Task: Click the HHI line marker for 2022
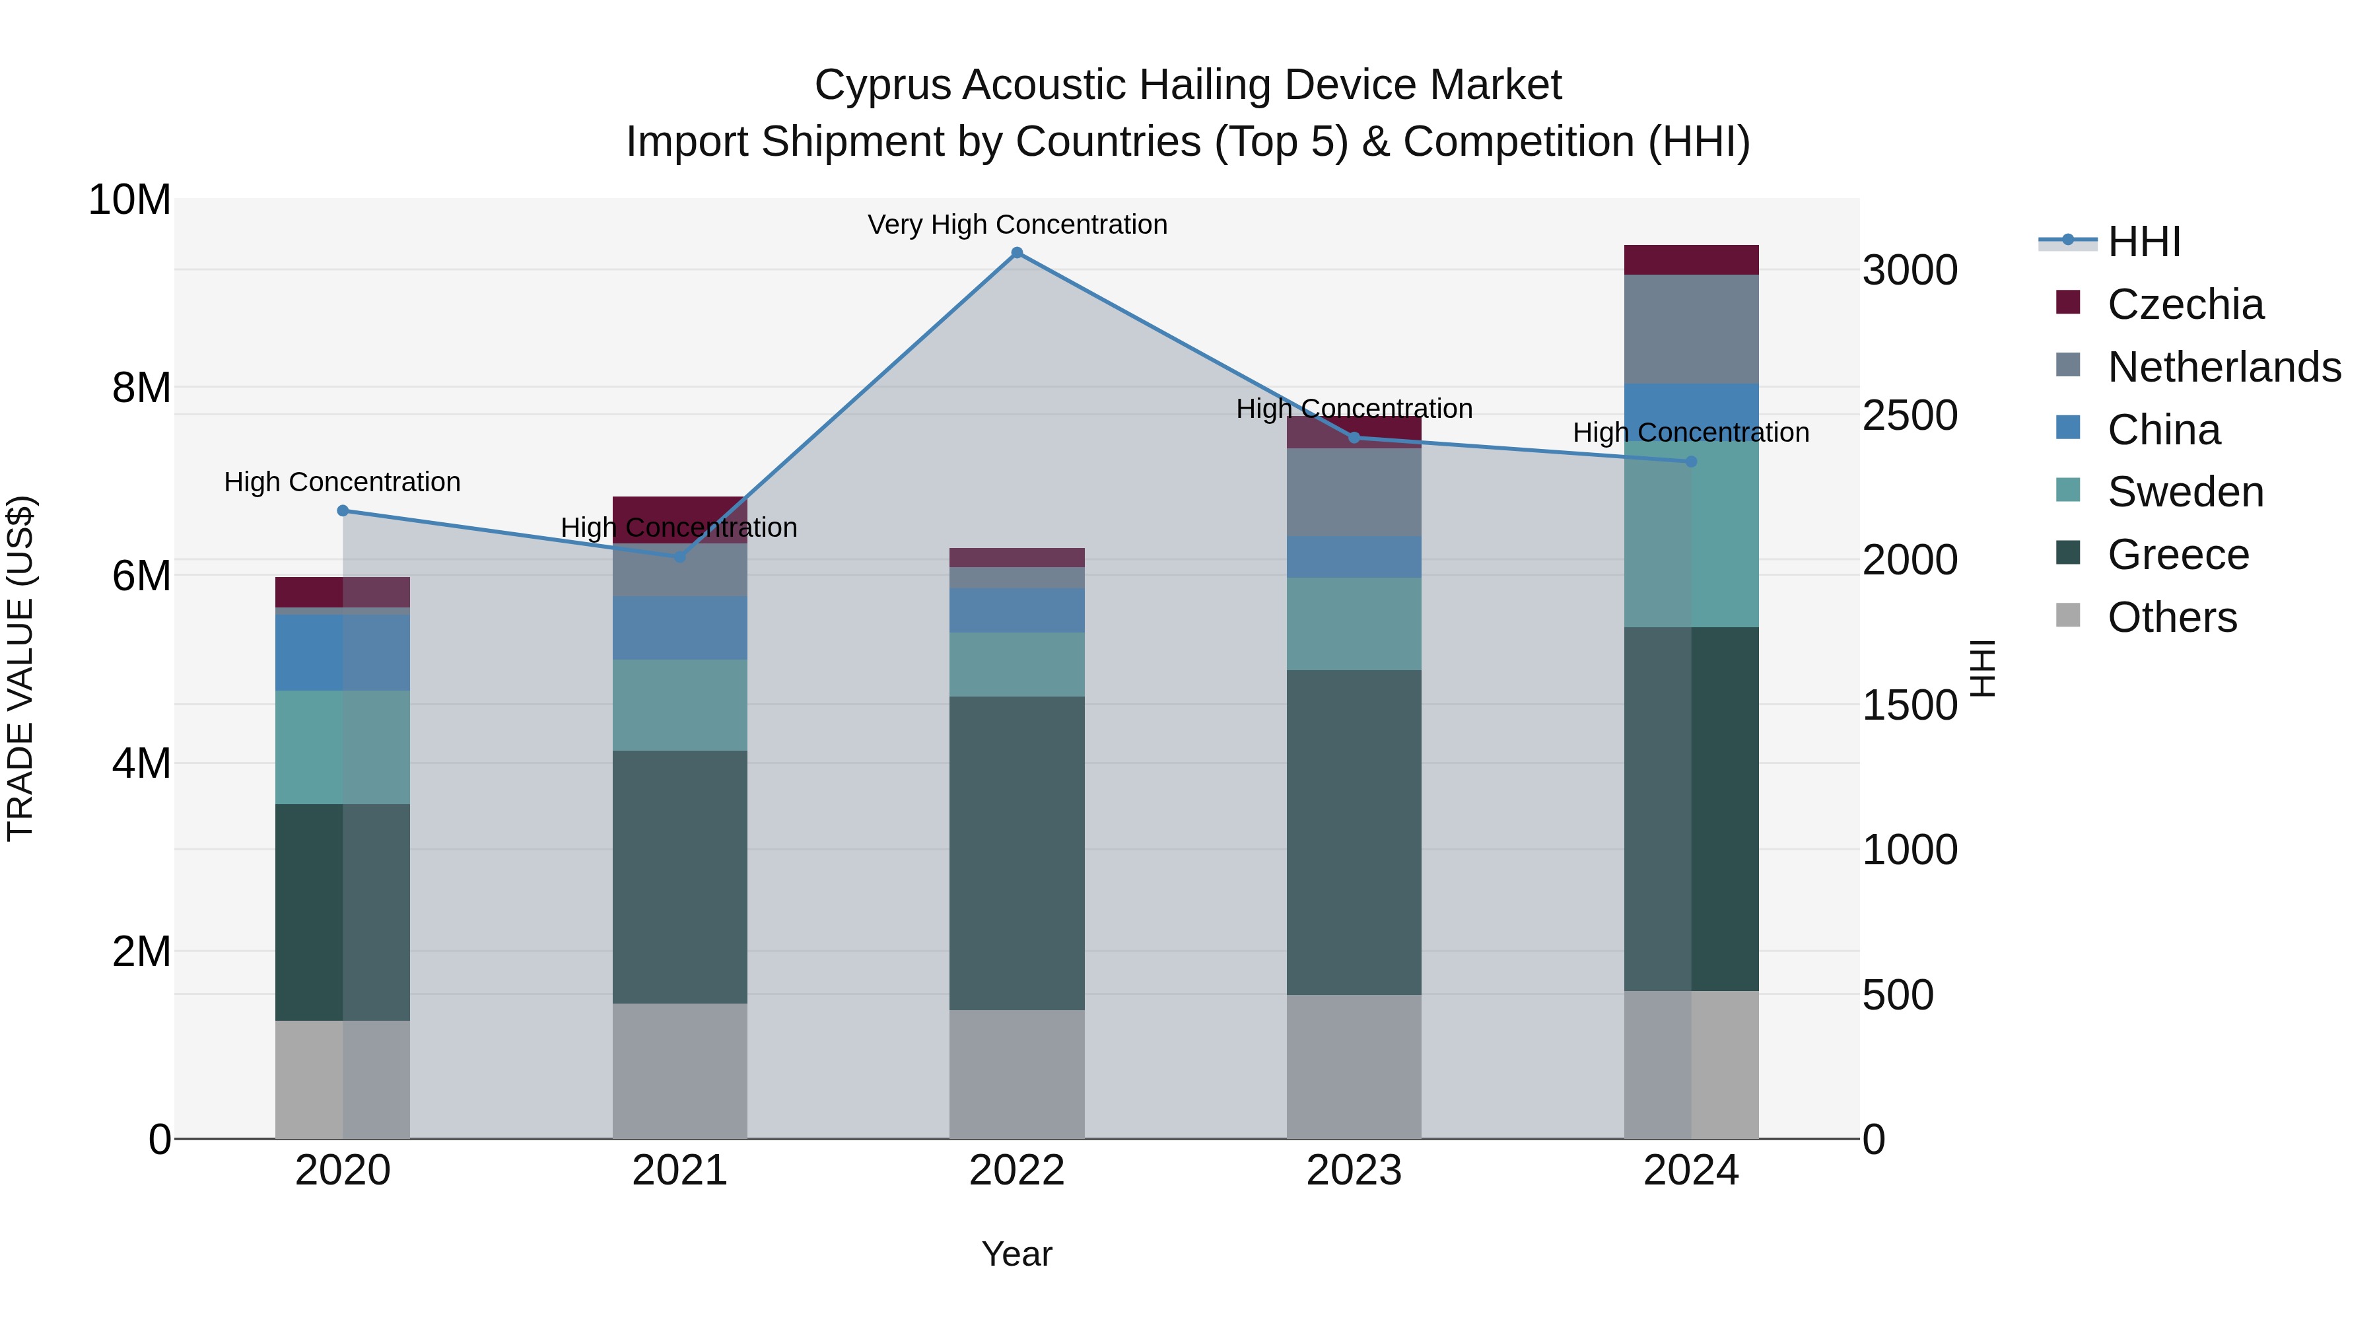point(1017,253)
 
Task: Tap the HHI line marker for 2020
point(342,510)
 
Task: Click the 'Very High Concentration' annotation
point(1017,224)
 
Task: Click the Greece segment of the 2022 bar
point(1017,854)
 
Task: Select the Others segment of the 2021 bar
point(680,1070)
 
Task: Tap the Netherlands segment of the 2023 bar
point(1354,492)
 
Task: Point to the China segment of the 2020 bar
point(342,652)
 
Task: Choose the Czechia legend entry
point(2184,304)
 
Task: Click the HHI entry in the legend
point(2143,242)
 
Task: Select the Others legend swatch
point(2068,615)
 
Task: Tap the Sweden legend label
point(2185,492)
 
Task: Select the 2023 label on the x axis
point(1354,1170)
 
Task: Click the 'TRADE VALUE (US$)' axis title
point(20,668)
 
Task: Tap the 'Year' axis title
point(1017,1254)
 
